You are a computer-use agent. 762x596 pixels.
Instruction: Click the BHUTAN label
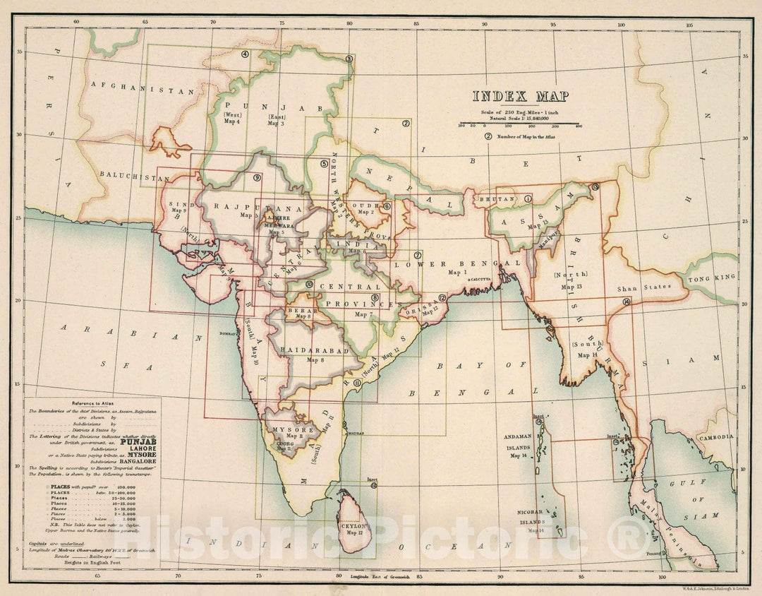tap(497, 200)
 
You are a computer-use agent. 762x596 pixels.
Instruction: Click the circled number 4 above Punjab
tap(245, 54)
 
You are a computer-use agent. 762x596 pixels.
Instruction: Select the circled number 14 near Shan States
tap(626, 302)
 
